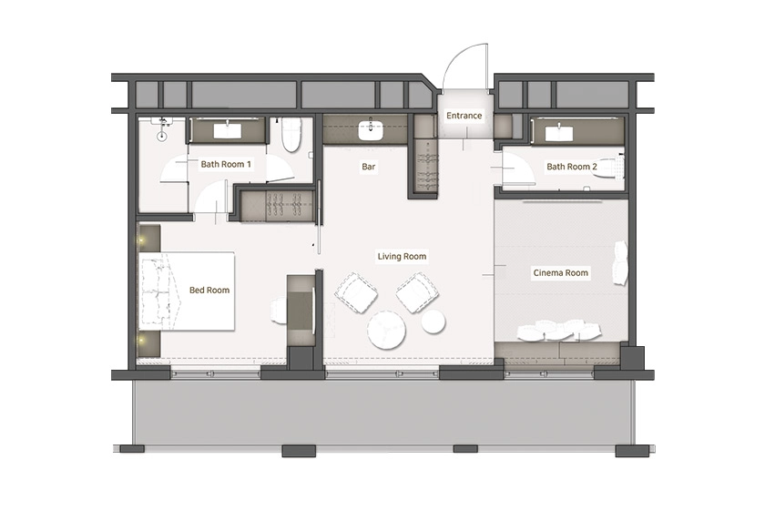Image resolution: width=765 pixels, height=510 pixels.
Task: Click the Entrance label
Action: point(464,116)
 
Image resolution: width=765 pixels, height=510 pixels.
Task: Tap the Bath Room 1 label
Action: point(226,165)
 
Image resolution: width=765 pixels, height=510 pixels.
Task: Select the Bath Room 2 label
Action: point(572,167)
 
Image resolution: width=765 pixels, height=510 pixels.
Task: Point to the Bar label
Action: point(368,167)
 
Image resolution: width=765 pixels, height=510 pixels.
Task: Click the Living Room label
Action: point(402,256)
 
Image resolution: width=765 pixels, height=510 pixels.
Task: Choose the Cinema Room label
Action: point(561,273)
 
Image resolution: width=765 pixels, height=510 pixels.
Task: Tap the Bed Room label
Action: point(209,291)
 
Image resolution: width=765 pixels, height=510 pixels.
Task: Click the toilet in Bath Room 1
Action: point(291,135)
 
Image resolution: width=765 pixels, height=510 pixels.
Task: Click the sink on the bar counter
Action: point(371,130)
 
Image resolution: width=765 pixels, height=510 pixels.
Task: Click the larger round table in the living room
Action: point(387,331)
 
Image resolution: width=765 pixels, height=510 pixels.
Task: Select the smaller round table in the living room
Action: point(433,321)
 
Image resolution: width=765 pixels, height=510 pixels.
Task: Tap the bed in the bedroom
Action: point(187,291)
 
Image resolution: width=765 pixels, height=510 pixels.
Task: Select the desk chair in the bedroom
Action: point(278,311)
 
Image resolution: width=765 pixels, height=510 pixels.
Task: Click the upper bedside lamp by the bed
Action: point(142,240)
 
